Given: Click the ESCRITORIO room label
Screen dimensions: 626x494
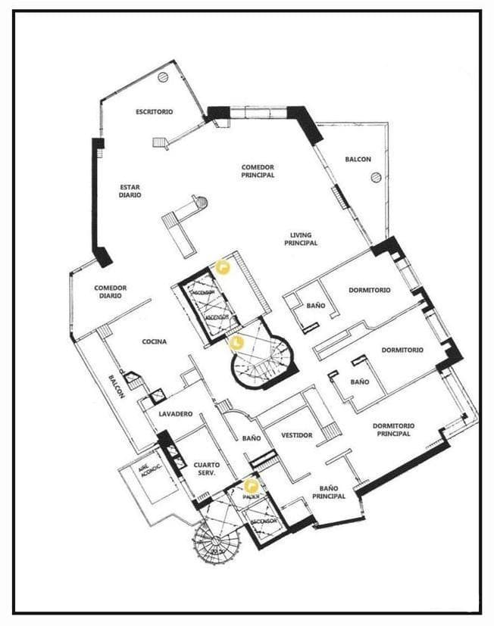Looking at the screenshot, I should click(155, 111).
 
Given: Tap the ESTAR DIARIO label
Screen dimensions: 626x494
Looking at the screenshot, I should click(130, 191).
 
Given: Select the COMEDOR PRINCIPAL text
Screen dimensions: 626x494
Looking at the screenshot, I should click(258, 171).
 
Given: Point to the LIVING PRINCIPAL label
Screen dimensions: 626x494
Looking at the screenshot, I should click(301, 239).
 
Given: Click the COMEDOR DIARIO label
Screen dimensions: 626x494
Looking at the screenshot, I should click(111, 291).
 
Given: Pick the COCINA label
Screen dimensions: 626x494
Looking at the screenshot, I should click(155, 341).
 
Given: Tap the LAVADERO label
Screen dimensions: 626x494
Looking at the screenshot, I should click(176, 414).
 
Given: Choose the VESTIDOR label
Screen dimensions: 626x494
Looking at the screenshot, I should click(297, 435).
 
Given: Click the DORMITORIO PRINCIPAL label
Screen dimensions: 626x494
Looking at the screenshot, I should click(392, 429).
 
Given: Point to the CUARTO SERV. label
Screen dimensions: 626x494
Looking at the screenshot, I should click(205, 469).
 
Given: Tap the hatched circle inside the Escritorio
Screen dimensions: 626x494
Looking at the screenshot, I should click(161, 77).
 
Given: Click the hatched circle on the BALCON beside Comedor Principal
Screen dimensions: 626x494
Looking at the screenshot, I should click(375, 177).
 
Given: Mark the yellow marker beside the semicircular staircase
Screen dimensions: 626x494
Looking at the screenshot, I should click(236, 343).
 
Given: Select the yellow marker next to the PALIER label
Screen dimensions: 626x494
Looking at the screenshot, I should click(250, 486).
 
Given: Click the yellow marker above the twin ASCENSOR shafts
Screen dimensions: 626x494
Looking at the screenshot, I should click(222, 266).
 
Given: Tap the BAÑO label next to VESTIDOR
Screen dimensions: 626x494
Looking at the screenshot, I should click(252, 438).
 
